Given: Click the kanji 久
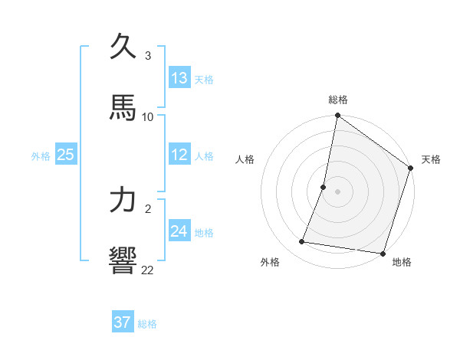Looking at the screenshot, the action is click(x=124, y=47).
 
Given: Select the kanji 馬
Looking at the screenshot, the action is click(x=124, y=108).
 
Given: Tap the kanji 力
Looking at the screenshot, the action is click(x=124, y=200).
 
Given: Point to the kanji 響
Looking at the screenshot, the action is click(x=124, y=260).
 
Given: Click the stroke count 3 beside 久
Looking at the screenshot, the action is click(x=148, y=56).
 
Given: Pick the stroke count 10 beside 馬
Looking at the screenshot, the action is click(x=148, y=116).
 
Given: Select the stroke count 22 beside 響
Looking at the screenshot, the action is click(x=148, y=270).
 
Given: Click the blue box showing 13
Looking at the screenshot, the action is click(x=179, y=78).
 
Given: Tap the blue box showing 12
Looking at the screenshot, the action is click(x=179, y=155).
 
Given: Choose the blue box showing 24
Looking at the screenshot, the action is click(x=179, y=231).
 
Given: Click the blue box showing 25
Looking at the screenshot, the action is click(x=66, y=155).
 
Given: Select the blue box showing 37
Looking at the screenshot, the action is click(x=122, y=322).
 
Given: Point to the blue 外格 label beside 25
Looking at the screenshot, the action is click(x=41, y=156).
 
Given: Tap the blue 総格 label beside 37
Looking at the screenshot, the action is click(x=147, y=324).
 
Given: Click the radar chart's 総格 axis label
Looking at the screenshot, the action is click(x=338, y=100).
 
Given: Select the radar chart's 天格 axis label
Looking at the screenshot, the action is click(x=431, y=159).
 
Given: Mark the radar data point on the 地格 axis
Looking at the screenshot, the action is click(x=383, y=254).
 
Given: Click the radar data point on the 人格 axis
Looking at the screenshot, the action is click(x=324, y=186).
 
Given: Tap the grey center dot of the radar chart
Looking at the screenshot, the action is click(x=338, y=191).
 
